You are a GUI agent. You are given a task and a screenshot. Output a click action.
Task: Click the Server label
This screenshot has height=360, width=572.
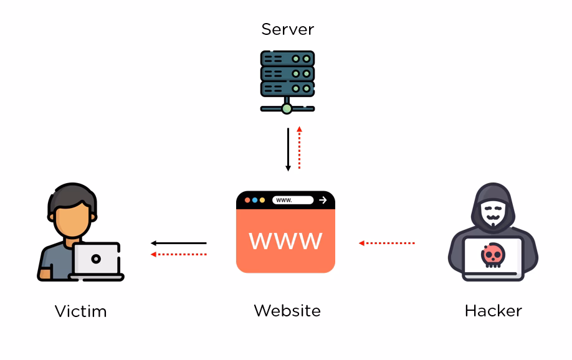pyautogui.click(x=287, y=29)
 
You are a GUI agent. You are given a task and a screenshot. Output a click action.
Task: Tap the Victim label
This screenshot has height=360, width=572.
pyautogui.click(x=80, y=311)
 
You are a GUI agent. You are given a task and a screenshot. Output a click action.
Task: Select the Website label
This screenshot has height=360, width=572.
pyautogui.click(x=287, y=310)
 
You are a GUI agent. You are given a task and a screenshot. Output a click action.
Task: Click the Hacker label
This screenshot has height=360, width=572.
pyautogui.click(x=493, y=310)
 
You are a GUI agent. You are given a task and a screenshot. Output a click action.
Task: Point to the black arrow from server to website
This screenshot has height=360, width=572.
pyautogui.click(x=288, y=149)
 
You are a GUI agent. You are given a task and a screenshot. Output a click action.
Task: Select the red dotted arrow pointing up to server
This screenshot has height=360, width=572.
pyautogui.click(x=299, y=148)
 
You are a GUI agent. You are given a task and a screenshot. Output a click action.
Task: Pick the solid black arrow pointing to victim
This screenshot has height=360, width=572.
pyautogui.click(x=179, y=243)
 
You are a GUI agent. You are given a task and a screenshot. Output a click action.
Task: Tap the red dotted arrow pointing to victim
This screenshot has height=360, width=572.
pyautogui.click(x=179, y=254)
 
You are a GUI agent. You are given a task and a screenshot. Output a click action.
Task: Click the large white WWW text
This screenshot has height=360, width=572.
pyautogui.click(x=285, y=240)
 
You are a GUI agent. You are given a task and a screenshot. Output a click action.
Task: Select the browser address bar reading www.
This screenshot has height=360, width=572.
pyautogui.click(x=292, y=200)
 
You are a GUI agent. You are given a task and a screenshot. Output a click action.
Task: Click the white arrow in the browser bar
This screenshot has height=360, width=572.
pyautogui.click(x=322, y=200)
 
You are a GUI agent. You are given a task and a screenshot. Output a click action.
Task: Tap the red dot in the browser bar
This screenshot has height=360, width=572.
pyautogui.click(x=247, y=200)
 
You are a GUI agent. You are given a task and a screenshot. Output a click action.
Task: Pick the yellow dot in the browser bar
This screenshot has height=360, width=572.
pyautogui.click(x=262, y=200)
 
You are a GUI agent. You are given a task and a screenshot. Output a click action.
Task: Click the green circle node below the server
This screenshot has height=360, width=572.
pyautogui.click(x=287, y=109)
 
